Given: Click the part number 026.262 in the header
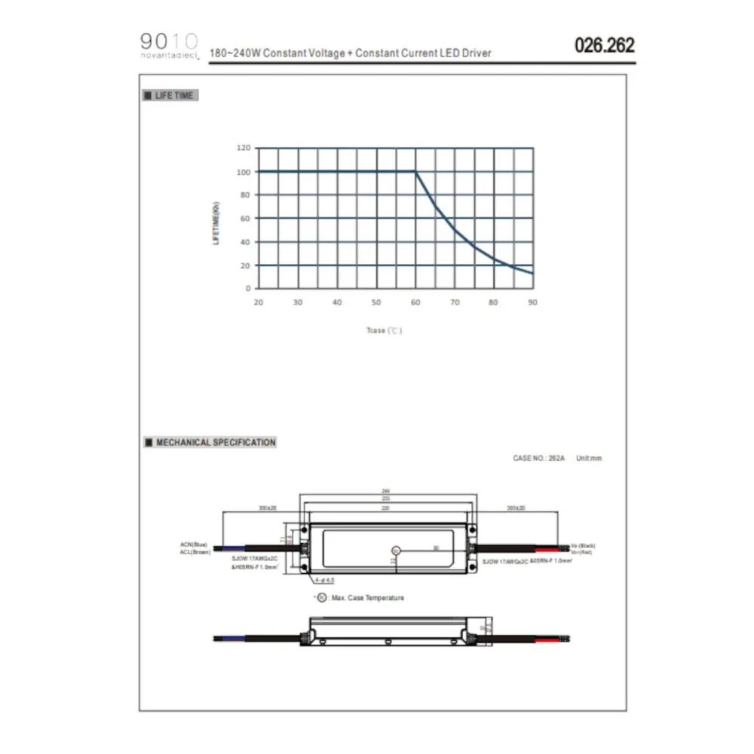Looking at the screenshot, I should point(604,45).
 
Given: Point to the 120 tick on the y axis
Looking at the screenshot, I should point(242,149).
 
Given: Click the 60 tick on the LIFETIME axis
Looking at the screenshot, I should point(244,219).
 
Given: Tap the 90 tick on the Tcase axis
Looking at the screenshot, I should point(532,302).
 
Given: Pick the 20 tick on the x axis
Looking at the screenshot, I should point(259,302).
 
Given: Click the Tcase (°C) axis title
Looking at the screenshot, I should point(384,331).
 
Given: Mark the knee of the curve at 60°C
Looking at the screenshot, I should point(415,172).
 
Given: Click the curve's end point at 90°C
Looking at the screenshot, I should point(532,273).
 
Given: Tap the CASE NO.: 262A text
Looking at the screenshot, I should point(538,458).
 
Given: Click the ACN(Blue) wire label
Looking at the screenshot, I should point(194,544).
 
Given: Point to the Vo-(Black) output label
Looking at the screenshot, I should point(584,544).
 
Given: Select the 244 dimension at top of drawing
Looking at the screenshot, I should point(385,492).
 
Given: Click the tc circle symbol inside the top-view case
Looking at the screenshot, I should point(394,550).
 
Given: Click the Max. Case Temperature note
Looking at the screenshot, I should point(361,598).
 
